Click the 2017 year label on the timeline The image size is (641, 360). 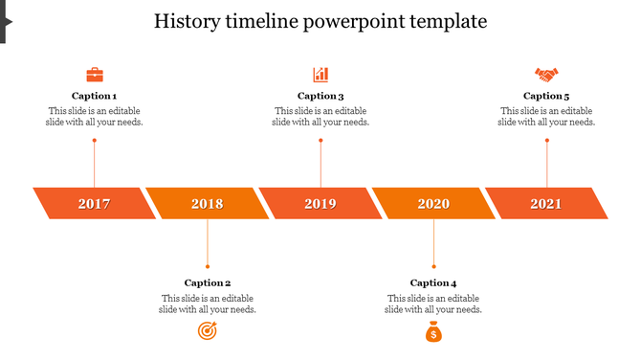coord(95,204)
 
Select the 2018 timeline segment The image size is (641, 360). coord(208,204)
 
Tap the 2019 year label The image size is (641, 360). coord(320,204)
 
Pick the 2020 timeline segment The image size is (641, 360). coord(433,204)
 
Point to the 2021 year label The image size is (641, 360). coord(546,204)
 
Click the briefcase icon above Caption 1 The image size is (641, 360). coord(95,75)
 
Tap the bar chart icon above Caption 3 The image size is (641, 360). coord(320,75)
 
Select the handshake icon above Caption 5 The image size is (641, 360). coord(546,75)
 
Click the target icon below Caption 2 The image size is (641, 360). coord(207,331)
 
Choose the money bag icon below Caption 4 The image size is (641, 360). coord(433,332)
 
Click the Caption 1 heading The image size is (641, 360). coord(95,96)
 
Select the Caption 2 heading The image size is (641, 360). coord(208,282)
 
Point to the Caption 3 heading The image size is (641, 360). coord(320,96)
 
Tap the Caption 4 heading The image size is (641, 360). coord(433,282)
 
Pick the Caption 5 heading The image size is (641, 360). coord(546,96)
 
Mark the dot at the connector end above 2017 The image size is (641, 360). coord(95,141)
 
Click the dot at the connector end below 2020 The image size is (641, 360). coord(433,266)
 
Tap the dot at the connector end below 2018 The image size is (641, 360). coord(208,266)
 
